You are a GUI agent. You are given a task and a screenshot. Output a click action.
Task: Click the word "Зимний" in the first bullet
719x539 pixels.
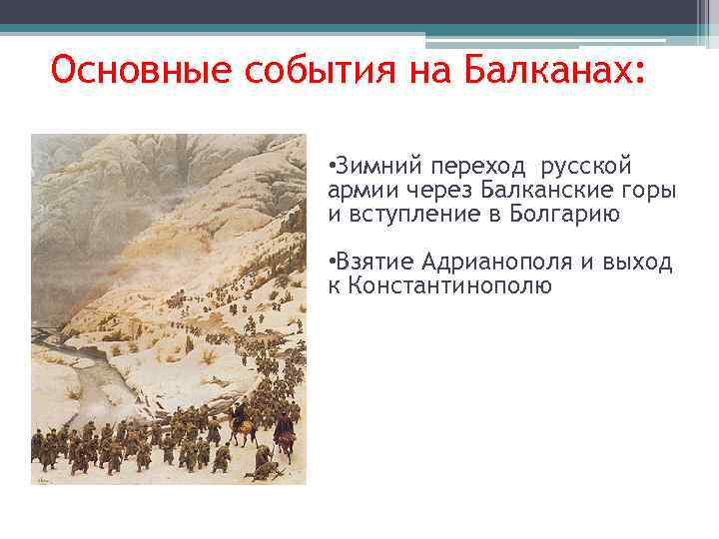coord(369,165)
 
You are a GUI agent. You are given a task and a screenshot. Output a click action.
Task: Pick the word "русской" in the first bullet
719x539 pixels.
coord(587,165)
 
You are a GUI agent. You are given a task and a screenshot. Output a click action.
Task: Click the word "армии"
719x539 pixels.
coord(355,190)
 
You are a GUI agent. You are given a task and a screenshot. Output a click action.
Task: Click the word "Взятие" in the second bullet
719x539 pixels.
coord(374,263)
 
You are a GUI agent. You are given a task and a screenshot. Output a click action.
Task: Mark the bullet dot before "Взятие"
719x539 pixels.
coord(331,263)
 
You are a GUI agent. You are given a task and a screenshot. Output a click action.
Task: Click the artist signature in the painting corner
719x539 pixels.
coord(43,478)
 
